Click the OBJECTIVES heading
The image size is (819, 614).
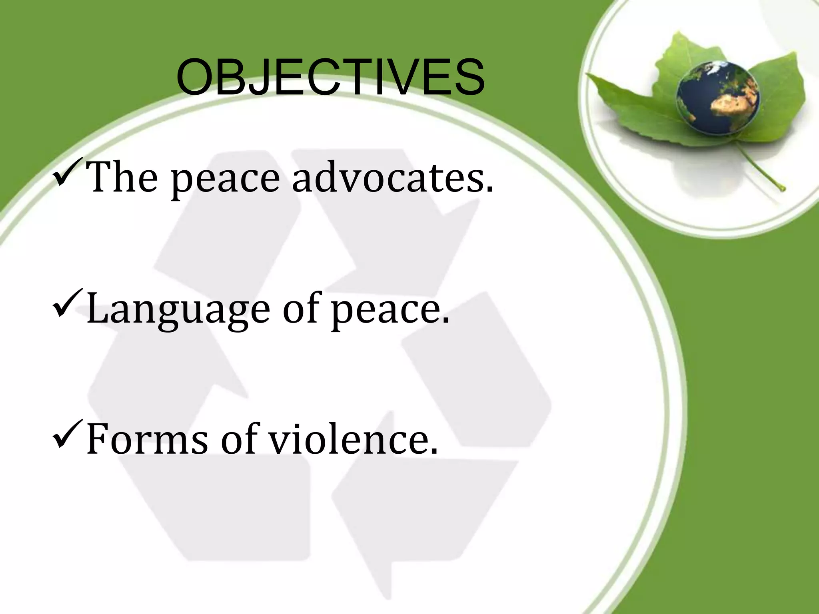pos(330,78)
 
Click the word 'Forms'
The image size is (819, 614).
pos(147,440)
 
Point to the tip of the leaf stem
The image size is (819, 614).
pos(782,188)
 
